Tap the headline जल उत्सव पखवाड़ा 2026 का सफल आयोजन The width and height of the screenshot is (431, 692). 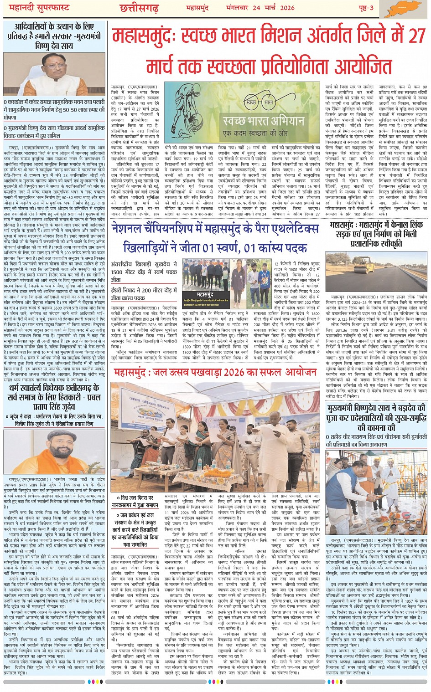[215, 373]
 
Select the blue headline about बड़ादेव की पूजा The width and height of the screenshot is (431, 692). [377, 418]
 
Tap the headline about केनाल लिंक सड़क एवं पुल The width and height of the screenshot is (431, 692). [377, 234]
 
